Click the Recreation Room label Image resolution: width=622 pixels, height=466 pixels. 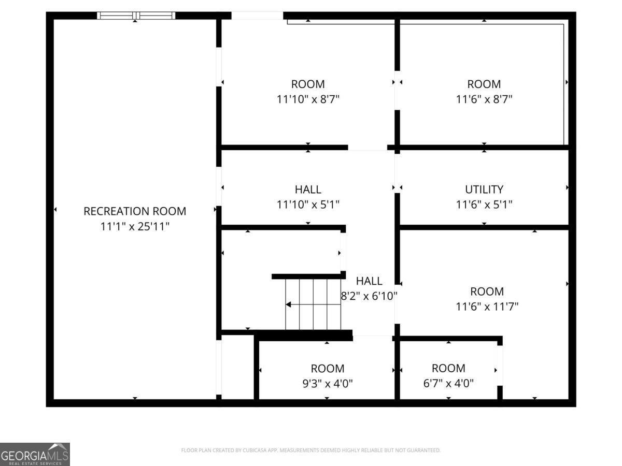(135, 211)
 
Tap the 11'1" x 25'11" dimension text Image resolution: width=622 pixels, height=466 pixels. (135, 226)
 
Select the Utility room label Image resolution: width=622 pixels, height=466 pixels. (484, 190)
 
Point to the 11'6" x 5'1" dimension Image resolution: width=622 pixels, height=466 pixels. (484, 205)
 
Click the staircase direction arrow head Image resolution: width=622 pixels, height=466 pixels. (288, 304)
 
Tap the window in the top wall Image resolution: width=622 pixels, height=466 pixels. (136, 16)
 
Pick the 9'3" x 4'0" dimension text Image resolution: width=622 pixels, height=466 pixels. (328, 383)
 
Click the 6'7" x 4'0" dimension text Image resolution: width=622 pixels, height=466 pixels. (448, 383)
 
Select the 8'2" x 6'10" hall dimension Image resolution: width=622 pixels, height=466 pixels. (369, 296)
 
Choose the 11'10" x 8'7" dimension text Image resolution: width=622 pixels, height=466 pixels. (308, 99)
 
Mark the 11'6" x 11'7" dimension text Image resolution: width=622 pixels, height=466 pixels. (487, 307)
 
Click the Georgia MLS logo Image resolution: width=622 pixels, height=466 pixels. (35, 454)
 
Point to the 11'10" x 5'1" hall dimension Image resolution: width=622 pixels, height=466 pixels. (308, 205)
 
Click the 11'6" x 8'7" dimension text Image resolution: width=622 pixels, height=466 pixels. (484, 99)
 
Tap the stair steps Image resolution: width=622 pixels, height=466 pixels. (313, 304)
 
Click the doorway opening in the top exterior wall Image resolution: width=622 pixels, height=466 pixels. (257, 16)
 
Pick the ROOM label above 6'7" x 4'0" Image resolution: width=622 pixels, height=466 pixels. (448, 368)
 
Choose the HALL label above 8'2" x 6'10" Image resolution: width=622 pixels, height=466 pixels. (369, 281)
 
